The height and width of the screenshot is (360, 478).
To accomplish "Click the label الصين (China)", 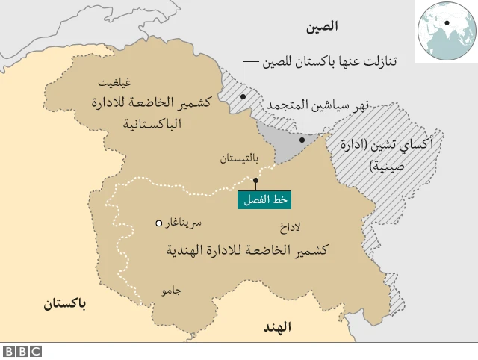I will [321, 27].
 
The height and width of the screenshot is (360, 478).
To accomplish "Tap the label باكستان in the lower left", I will [65, 304].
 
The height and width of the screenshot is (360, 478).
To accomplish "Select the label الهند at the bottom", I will [276, 327].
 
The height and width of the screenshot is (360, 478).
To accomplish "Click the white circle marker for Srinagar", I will [158, 223].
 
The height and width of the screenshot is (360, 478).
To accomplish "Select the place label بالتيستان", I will [239, 158].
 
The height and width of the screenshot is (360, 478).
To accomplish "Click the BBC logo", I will [22, 351].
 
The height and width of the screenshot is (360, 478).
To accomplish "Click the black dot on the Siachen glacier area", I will [302, 139].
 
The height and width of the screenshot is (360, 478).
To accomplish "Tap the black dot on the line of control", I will [255, 180].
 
